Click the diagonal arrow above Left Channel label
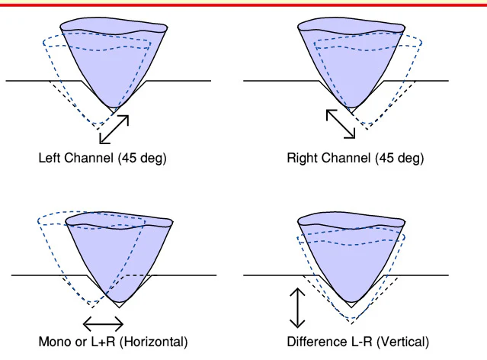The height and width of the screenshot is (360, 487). point(114,129)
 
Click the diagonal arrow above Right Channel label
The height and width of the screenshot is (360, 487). point(341,124)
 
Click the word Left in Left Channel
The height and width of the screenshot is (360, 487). point(49,159)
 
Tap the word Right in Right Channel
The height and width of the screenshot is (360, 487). point(303,159)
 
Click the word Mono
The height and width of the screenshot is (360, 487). point(53,341)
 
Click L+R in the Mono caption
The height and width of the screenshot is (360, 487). point(101,341)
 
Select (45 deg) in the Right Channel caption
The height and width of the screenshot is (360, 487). point(399,159)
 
